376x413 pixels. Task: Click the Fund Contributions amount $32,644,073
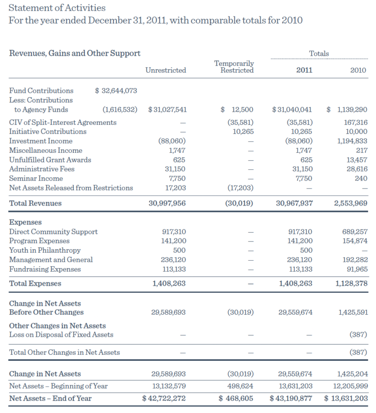116,91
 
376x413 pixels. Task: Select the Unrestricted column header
165,70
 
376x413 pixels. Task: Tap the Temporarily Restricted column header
234,67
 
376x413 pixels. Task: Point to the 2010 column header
358,70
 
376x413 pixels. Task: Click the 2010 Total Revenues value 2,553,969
350,203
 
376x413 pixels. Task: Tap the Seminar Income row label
36,178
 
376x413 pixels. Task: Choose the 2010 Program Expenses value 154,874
354,241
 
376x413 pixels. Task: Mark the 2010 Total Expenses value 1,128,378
350,283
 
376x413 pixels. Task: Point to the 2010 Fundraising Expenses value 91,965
356,269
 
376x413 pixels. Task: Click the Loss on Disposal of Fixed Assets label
61,334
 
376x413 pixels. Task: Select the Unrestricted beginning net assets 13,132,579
168,386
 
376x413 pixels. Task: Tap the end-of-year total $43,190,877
291,398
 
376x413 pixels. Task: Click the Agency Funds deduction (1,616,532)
120,109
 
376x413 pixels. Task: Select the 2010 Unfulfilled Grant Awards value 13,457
356,159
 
